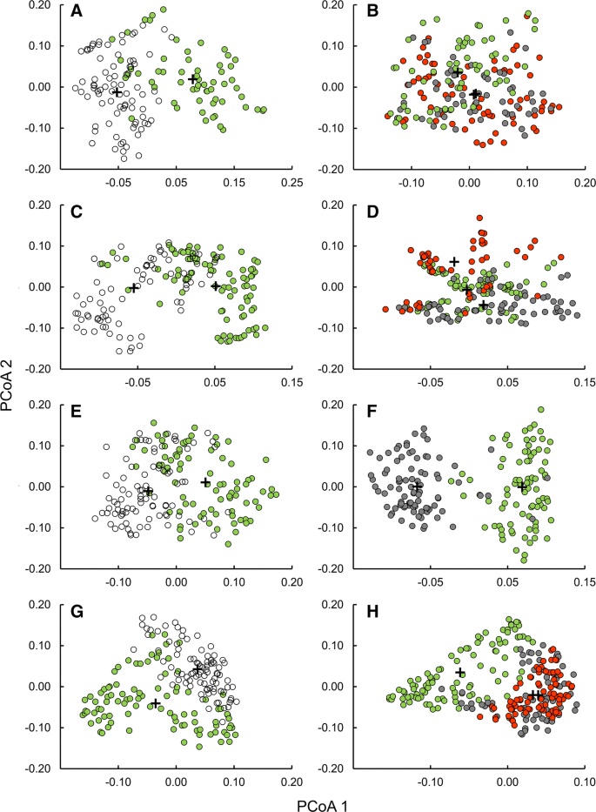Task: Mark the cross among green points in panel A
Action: pos(193,79)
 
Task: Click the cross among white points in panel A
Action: pos(117,91)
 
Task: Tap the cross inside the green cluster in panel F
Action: pos(522,487)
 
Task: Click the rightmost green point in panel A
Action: pos(263,110)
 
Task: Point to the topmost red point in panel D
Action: pos(479,218)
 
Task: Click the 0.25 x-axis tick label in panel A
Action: pos(291,183)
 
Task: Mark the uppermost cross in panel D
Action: pos(453,261)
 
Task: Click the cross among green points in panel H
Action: pos(460,673)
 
